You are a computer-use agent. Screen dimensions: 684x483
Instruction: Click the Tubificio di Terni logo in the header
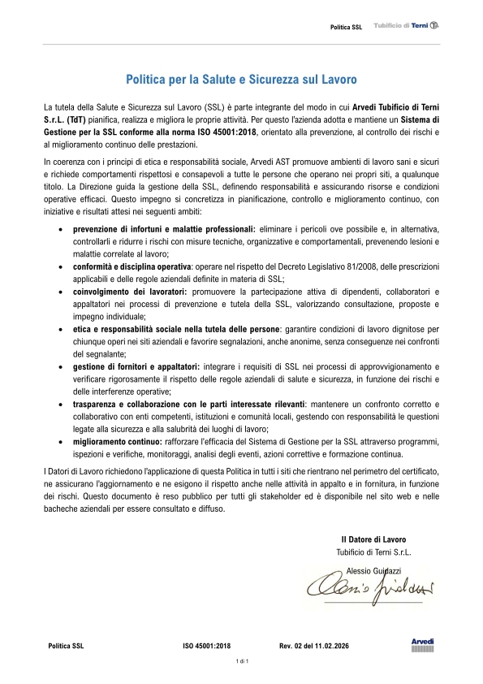[x=406, y=27]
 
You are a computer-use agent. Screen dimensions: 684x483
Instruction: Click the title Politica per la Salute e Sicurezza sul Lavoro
[x=241, y=80]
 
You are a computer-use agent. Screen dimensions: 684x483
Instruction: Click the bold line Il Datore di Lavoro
[x=373, y=539]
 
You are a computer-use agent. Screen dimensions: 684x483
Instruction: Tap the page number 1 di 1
[x=241, y=663]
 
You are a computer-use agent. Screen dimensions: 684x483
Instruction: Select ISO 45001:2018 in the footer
[x=207, y=646]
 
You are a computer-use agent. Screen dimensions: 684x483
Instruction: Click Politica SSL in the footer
[x=66, y=646]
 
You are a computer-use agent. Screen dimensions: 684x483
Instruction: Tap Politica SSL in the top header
[x=346, y=28]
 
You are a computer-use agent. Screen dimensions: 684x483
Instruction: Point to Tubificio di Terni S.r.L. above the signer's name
[x=373, y=552]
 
